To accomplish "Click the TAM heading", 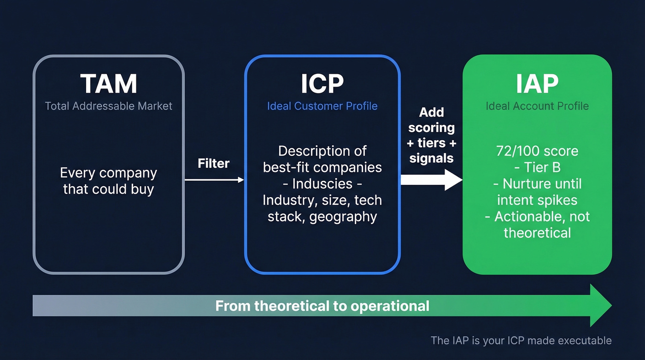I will tap(109, 84).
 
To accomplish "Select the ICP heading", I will tap(322, 84).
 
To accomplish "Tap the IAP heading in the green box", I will tap(537, 83).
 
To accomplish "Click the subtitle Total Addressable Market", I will tap(109, 106).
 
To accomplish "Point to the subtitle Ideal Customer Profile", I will tap(322, 106).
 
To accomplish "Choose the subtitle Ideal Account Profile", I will tap(537, 106).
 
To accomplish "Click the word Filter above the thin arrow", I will tap(213, 163).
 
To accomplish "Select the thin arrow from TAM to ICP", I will tap(214, 180).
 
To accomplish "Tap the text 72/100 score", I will tap(537, 151).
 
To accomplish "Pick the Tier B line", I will tap(537, 167).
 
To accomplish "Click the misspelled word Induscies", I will tap(322, 184).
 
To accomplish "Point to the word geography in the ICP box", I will tap(343, 216).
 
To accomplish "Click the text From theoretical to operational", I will tap(322, 306).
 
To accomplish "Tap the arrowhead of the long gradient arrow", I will tap(600, 306).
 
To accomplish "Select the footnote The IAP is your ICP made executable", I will tap(521, 341).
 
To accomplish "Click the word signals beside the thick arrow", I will tap(431, 158).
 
